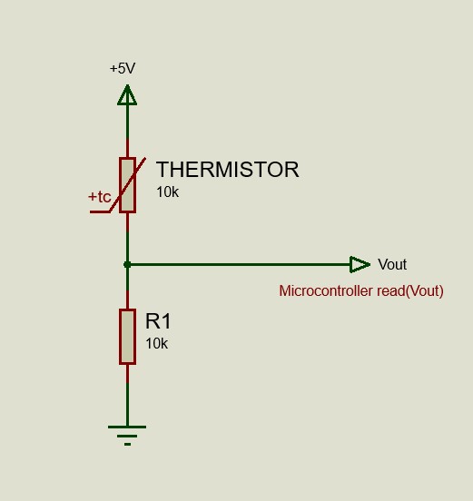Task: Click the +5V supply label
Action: tap(123, 68)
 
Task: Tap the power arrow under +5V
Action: tap(127, 94)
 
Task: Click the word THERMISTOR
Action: tap(227, 170)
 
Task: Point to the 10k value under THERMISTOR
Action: tap(167, 192)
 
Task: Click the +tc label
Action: tap(100, 197)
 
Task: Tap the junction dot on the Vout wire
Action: tap(127, 264)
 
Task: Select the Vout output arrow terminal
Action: tap(360, 264)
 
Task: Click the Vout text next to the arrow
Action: tap(392, 264)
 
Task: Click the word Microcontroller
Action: tap(326, 291)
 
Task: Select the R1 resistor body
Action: tap(127, 336)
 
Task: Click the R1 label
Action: tap(158, 321)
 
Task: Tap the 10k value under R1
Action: tap(156, 344)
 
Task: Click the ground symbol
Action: tap(127, 433)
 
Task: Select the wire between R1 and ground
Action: tap(127, 395)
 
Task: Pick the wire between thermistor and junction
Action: tap(127, 238)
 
